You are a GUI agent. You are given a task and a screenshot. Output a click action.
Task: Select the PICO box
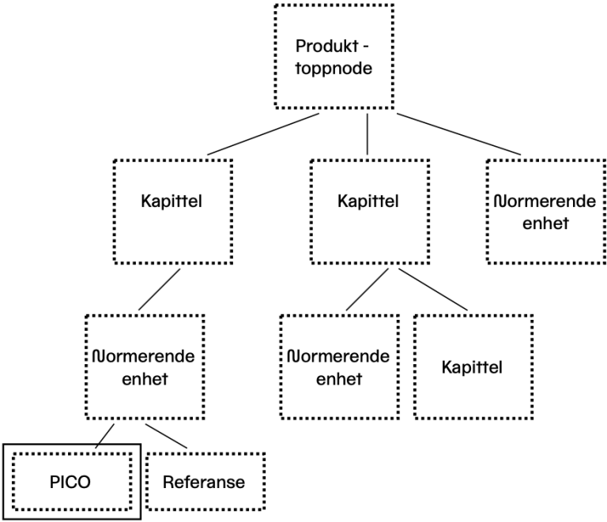[73, 480]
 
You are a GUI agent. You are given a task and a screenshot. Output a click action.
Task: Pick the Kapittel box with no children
[472, 367]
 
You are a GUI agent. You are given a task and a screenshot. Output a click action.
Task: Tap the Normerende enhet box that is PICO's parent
[144, 366]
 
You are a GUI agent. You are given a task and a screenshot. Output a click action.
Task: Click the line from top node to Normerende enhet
[458, 133]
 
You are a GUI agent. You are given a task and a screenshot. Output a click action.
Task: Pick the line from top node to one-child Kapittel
[263, 133]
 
